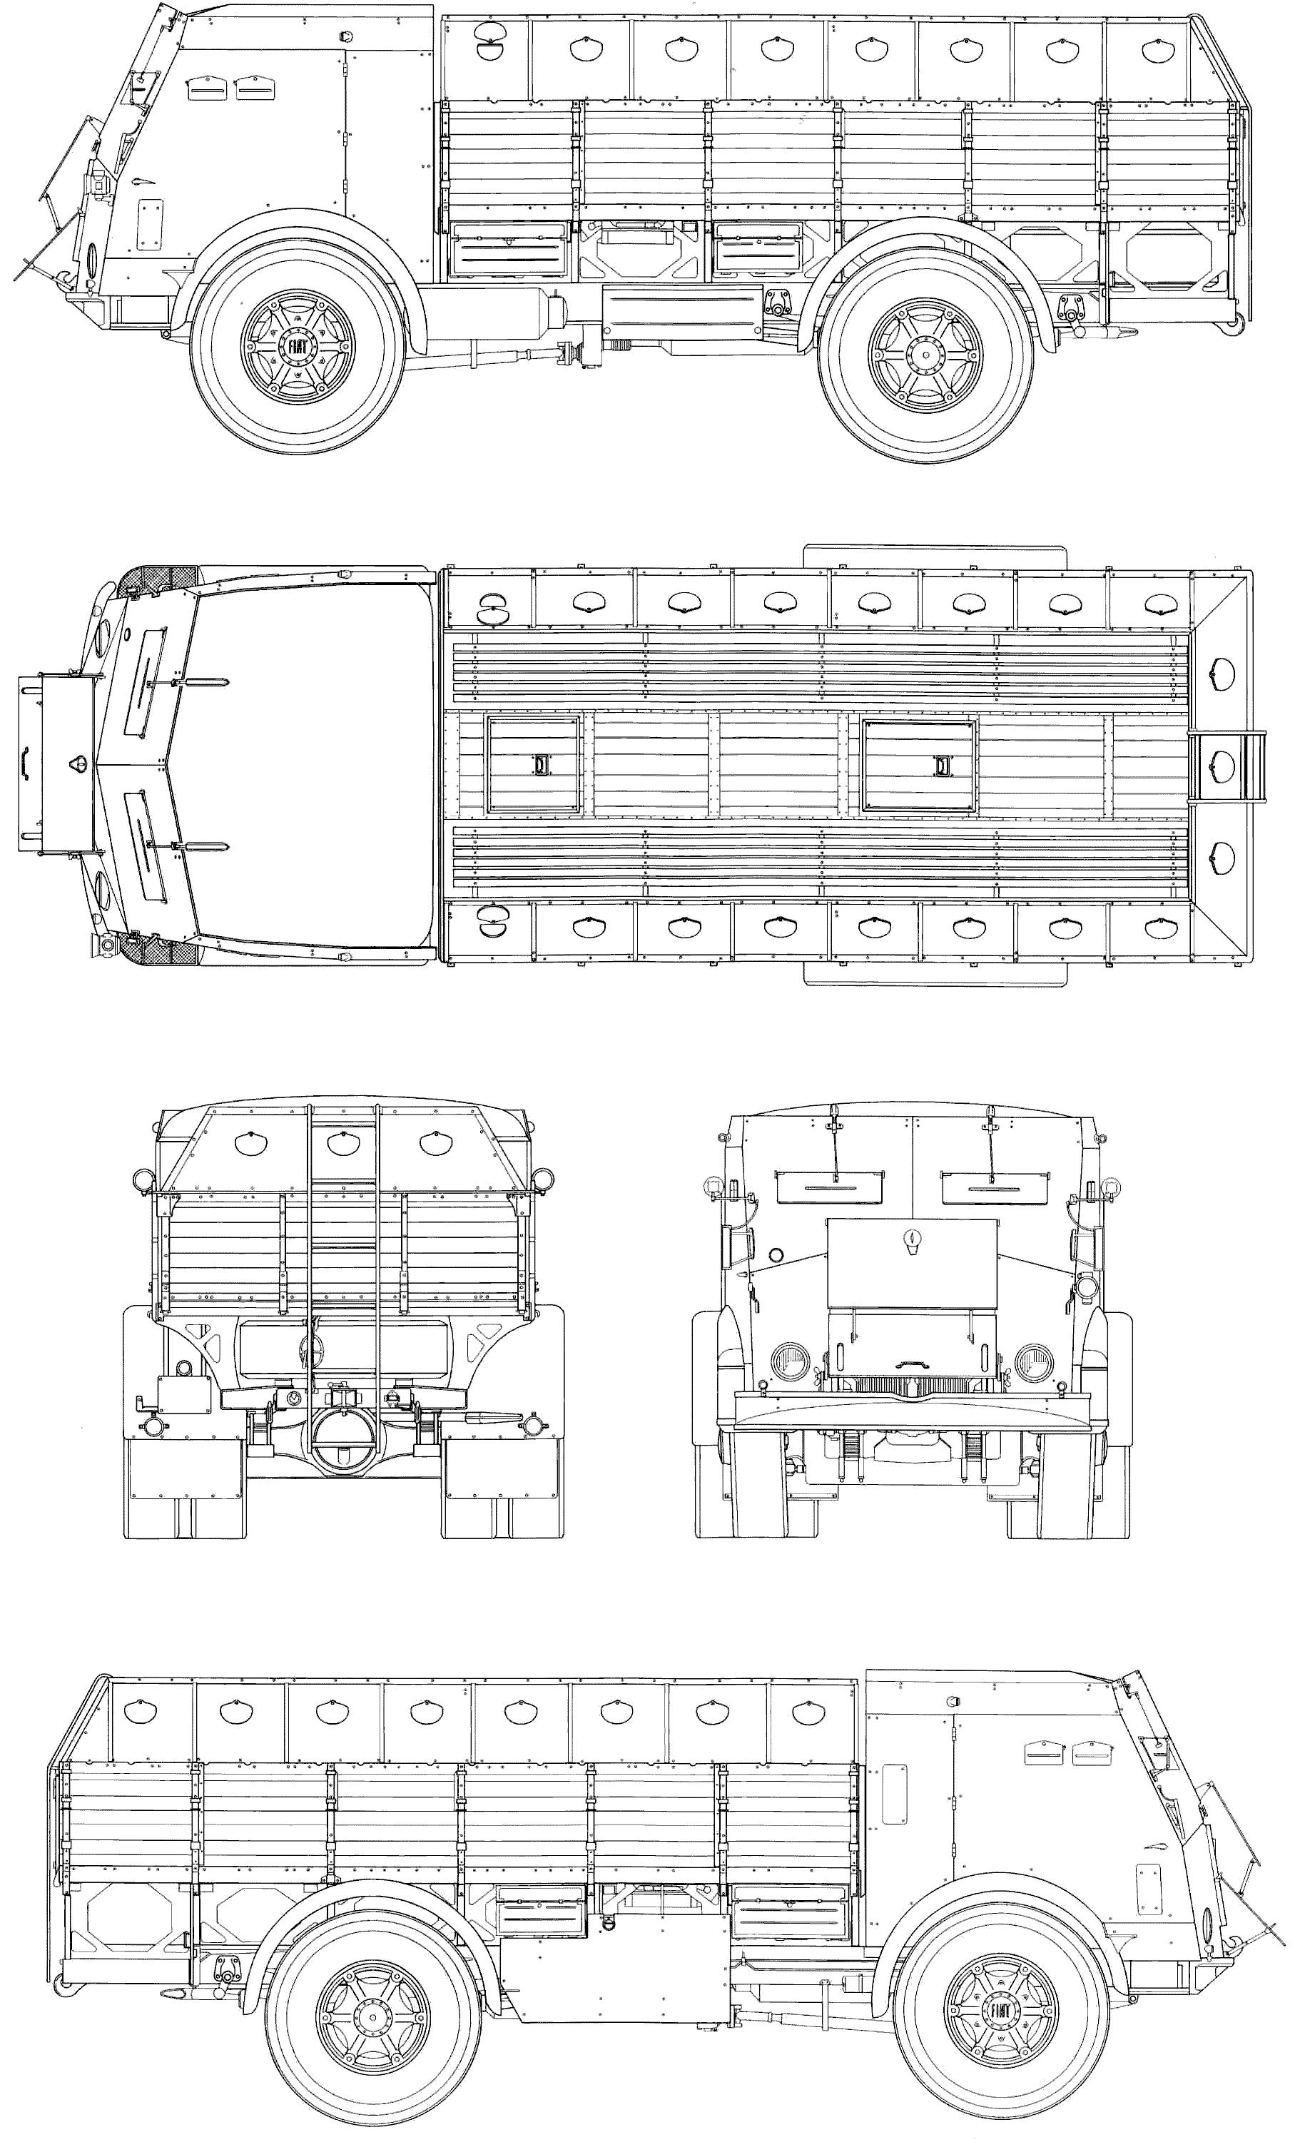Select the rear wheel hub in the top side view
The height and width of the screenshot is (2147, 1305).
(x=924, y=354)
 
